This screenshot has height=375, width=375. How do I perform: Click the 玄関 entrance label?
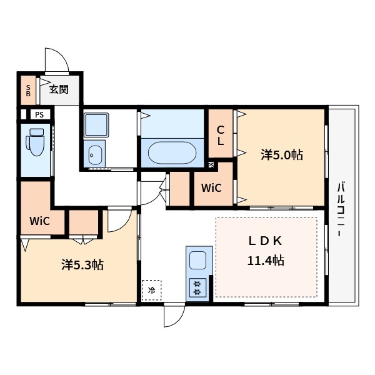click(x=59, y=89)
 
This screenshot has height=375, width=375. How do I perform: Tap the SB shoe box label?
click(x=28, y=91)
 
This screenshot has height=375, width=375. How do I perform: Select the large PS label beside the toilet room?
click(x=39, y=114)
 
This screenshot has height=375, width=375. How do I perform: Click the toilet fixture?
click(x=36, y=142)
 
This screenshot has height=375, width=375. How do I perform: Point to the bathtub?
click(x=172, y=153)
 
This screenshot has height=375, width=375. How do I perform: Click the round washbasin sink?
click(x=95, y=155)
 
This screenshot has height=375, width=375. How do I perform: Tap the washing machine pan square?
click(x=96, y=125)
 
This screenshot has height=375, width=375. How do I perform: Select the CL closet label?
click(x=220, y=136)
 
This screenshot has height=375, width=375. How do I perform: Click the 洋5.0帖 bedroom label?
click(x=282, y=155)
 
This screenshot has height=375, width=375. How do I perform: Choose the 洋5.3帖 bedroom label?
click(x=82, y=265)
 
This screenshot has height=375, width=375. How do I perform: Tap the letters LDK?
click(x=265, y=241)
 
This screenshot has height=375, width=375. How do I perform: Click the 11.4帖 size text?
click(x=266, y=261)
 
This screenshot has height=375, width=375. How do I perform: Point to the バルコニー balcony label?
click(x=341, y=209)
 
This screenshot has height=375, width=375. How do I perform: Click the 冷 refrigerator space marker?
click(x=151, y=291)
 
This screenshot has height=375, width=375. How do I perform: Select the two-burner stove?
click(x=197, y=287)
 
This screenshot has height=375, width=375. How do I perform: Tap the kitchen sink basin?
click(x=197, y=260)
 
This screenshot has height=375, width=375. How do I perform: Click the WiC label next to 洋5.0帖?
click(x=211, y=188)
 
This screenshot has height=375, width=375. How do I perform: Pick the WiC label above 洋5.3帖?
click(x=40, y=221)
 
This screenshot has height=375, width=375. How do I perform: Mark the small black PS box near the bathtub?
click(x=211, y=165)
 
